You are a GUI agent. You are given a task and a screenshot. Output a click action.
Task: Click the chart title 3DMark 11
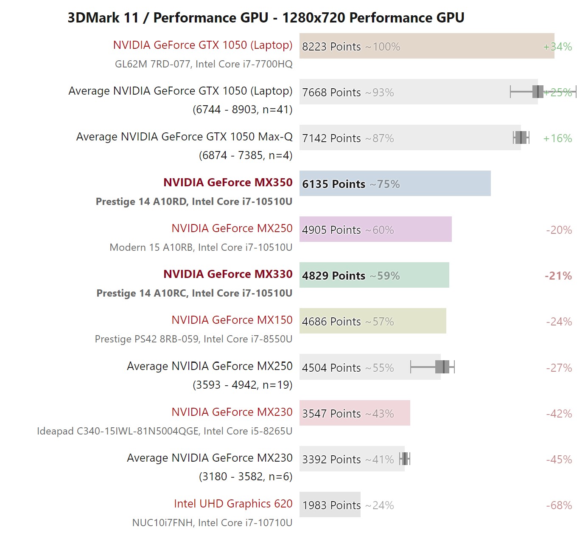coord(266,18)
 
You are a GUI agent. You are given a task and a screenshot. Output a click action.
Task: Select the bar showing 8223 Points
coord(426,46)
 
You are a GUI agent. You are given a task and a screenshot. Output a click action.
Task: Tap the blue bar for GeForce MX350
coord(395,183)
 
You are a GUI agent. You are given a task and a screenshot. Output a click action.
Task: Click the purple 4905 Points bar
coord(375,229)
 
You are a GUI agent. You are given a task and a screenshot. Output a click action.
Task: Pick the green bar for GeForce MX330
coord(374,275)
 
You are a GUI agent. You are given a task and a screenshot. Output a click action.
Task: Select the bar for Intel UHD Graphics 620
coord(330,505)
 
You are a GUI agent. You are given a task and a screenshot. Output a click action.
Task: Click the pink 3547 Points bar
coord(354,413)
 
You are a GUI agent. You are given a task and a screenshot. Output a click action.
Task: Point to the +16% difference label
coord(557,138)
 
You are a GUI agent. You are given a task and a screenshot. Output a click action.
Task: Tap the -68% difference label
coord(559,505)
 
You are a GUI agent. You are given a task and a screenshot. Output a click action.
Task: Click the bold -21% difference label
coord(558,276)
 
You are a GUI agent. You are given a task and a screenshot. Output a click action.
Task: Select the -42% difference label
coord(559,414)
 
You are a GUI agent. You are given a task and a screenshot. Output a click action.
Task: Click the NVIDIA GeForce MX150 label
coord(232,320)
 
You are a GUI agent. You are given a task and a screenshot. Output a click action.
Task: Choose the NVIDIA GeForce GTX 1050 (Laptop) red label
coord(202,45)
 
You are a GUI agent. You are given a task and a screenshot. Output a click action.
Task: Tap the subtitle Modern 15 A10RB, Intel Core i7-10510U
coord(201,247)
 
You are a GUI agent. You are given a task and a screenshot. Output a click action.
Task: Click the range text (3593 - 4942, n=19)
coord(242,385)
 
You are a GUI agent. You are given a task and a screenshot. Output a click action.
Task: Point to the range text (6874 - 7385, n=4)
coord(245,155)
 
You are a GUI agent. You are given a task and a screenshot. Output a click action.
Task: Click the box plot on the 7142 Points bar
coord(521,137)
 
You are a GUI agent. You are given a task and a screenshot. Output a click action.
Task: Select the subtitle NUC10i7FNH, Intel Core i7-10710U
coord(212,523)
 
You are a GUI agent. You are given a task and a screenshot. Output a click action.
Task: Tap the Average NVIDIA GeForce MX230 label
coord(210,458)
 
